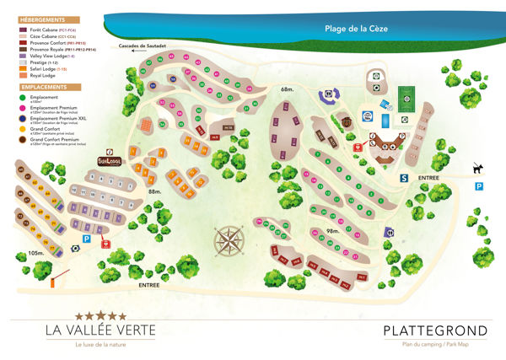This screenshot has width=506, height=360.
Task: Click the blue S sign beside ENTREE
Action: [404, 178]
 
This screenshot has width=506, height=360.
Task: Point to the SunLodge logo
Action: [110, 160]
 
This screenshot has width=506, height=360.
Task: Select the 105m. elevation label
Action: [35, 252]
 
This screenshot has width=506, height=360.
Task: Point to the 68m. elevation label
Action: [288, 89]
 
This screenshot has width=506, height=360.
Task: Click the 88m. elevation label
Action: [154, 192]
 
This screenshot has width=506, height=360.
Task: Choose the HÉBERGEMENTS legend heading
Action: [36, 19]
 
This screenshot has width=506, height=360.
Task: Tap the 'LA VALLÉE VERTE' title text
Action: [94, 330]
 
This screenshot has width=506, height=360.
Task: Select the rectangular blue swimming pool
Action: [385, 121]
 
